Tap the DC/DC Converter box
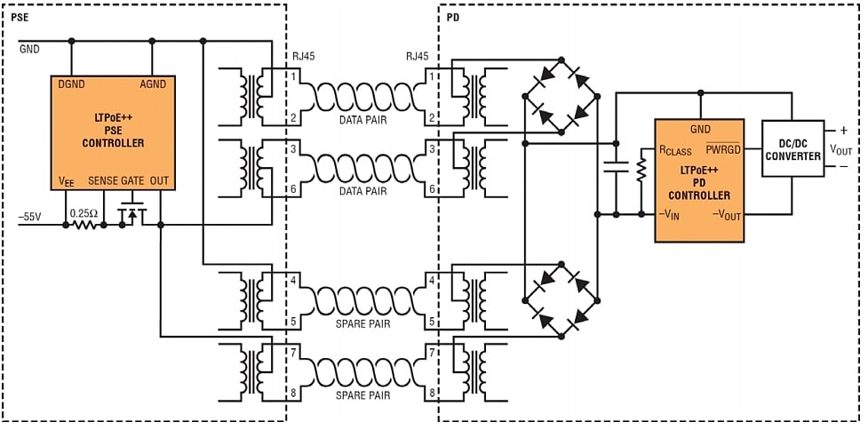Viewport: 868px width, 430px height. (x=794, y=148)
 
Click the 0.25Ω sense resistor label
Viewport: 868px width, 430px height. (x=84, y=213)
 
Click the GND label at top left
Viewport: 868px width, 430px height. (x=29, y=49)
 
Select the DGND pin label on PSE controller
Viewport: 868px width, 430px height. (x=72, y=84)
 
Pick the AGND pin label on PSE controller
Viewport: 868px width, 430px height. (x=155, y=84)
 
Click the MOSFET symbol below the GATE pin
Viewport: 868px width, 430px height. (x=132, y=214)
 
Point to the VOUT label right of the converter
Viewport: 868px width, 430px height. (x=840, y=149)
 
